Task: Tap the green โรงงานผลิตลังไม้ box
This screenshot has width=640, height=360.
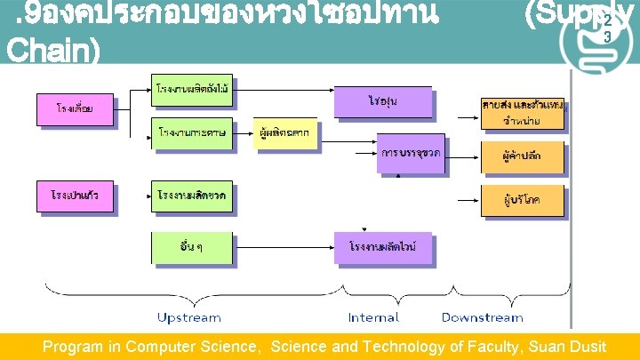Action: point(191,91)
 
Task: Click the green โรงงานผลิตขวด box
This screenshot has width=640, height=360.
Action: point(191,196)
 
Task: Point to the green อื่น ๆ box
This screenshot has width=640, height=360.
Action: point(191,247)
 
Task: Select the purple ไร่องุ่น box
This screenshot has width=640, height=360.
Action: point(382,101)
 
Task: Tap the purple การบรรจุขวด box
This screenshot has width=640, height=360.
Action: point(411,153)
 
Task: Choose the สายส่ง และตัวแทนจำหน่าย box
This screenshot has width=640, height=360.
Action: point(523,113)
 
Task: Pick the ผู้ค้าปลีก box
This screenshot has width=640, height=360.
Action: point(523,156)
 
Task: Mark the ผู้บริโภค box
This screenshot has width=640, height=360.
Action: point(523,200)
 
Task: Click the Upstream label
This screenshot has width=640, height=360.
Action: point(190,317)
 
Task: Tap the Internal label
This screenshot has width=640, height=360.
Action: point(373,317)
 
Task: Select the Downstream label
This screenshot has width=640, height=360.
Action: point(483,317)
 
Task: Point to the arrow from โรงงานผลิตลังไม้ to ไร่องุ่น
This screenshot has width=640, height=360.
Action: point(284,90)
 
